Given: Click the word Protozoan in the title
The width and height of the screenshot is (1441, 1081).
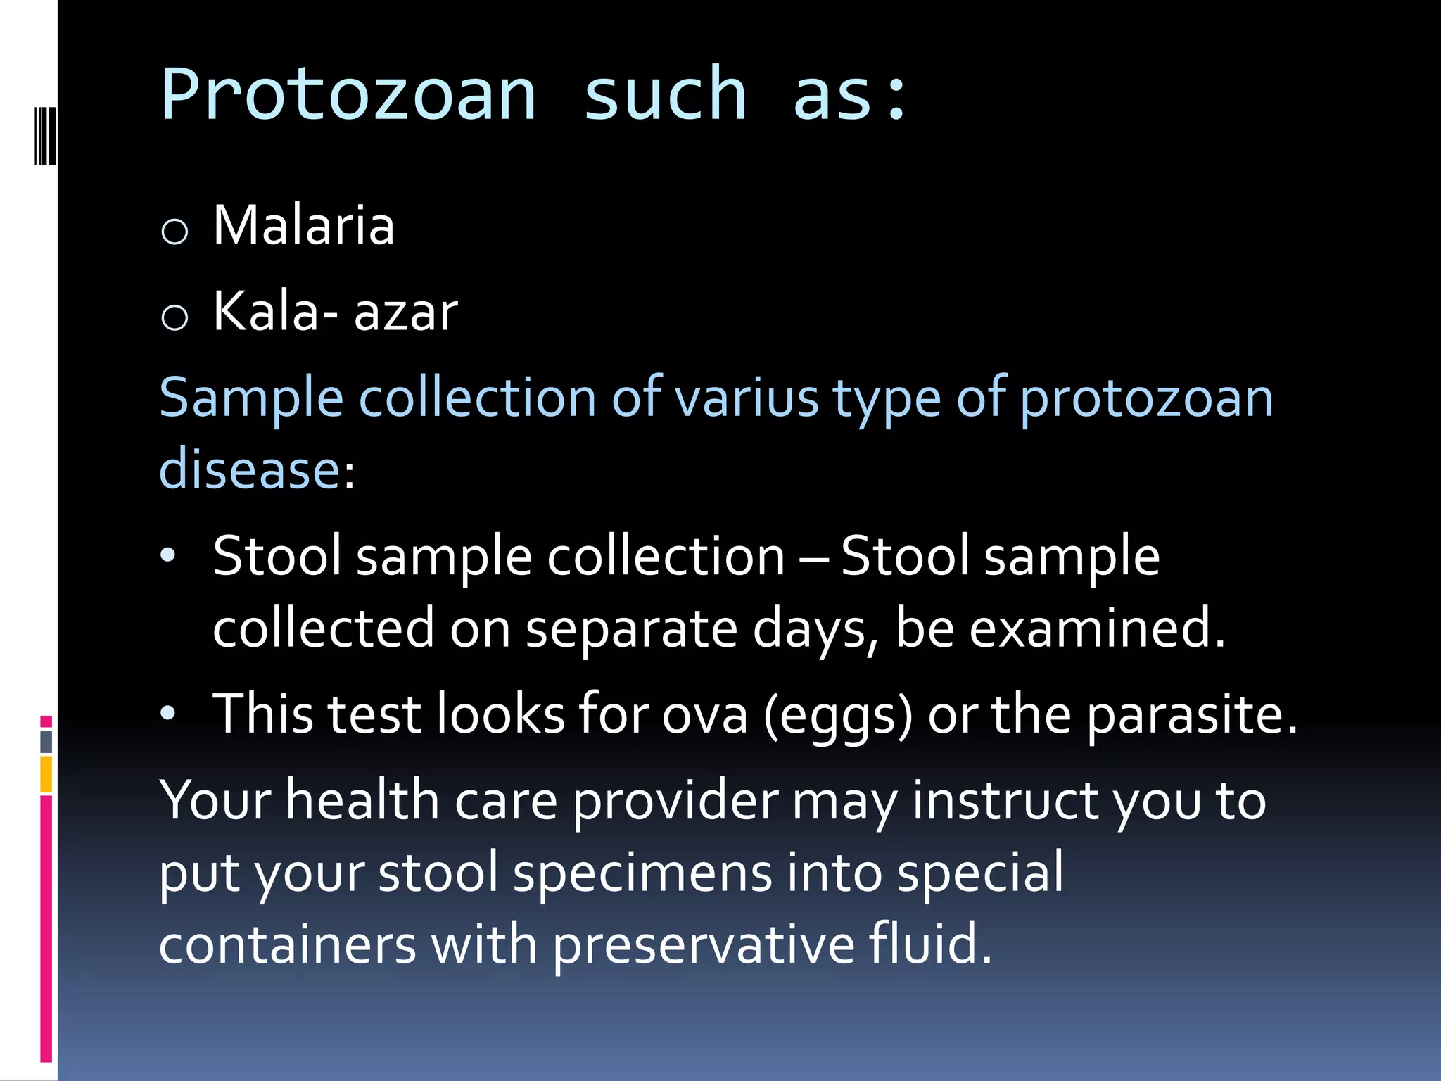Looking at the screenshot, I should click(x=348, y=95).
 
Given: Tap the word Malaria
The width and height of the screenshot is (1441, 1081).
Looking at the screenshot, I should click(x=303, y=225).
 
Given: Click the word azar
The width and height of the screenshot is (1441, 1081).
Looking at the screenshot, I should click(x=405, y=312).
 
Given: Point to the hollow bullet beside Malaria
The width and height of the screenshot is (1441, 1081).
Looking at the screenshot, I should click(x=174, y=231).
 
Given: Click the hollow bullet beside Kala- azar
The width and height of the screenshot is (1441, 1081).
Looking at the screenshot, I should click(x=174, y=317).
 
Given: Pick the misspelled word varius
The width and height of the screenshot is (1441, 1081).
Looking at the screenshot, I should click(x=747, y=398).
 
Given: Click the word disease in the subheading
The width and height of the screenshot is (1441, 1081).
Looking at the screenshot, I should click(x=250, y=469).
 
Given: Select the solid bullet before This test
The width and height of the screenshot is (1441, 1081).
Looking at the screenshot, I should click(x=167, y=714).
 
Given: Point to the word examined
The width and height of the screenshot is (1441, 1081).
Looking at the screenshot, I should click(x=1097, y=628).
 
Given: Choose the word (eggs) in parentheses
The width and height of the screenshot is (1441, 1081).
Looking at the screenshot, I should click(x=838, y=715).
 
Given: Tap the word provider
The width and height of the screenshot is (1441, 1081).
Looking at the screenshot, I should click(x=675, y=801).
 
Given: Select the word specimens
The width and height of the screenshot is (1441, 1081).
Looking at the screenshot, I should click(x=642, y=873).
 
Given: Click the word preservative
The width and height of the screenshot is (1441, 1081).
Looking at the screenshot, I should click(x=703, y=945).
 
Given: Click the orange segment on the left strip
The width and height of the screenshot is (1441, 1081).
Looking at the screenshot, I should click(x=46, y=774).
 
